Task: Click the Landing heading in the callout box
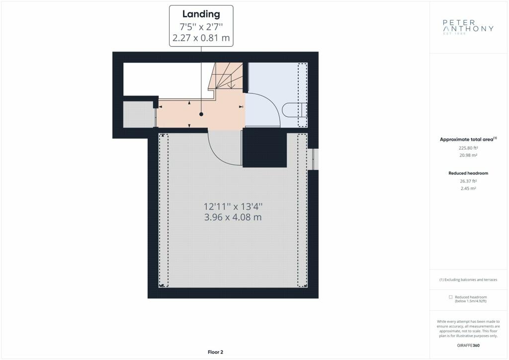[201, 14]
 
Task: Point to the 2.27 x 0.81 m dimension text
[201, 38]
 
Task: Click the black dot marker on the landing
[201, 114]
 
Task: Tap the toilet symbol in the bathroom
[294, 110]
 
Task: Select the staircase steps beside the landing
[226, 76]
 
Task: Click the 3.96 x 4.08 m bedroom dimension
[233, 217]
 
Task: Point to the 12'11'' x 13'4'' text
[233, 206]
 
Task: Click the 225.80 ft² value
[468, 148]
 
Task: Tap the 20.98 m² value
[468, 155]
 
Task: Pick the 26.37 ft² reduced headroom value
[468, 181]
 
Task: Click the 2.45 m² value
[468, 188]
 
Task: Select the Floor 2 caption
[215, 352]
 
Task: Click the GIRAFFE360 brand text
[468, 346]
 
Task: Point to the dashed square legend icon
[450, 297]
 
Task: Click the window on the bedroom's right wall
[313, 159]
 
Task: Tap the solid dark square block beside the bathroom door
[264, 148]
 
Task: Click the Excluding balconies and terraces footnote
[468, 279]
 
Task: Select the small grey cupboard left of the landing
[139, 114]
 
